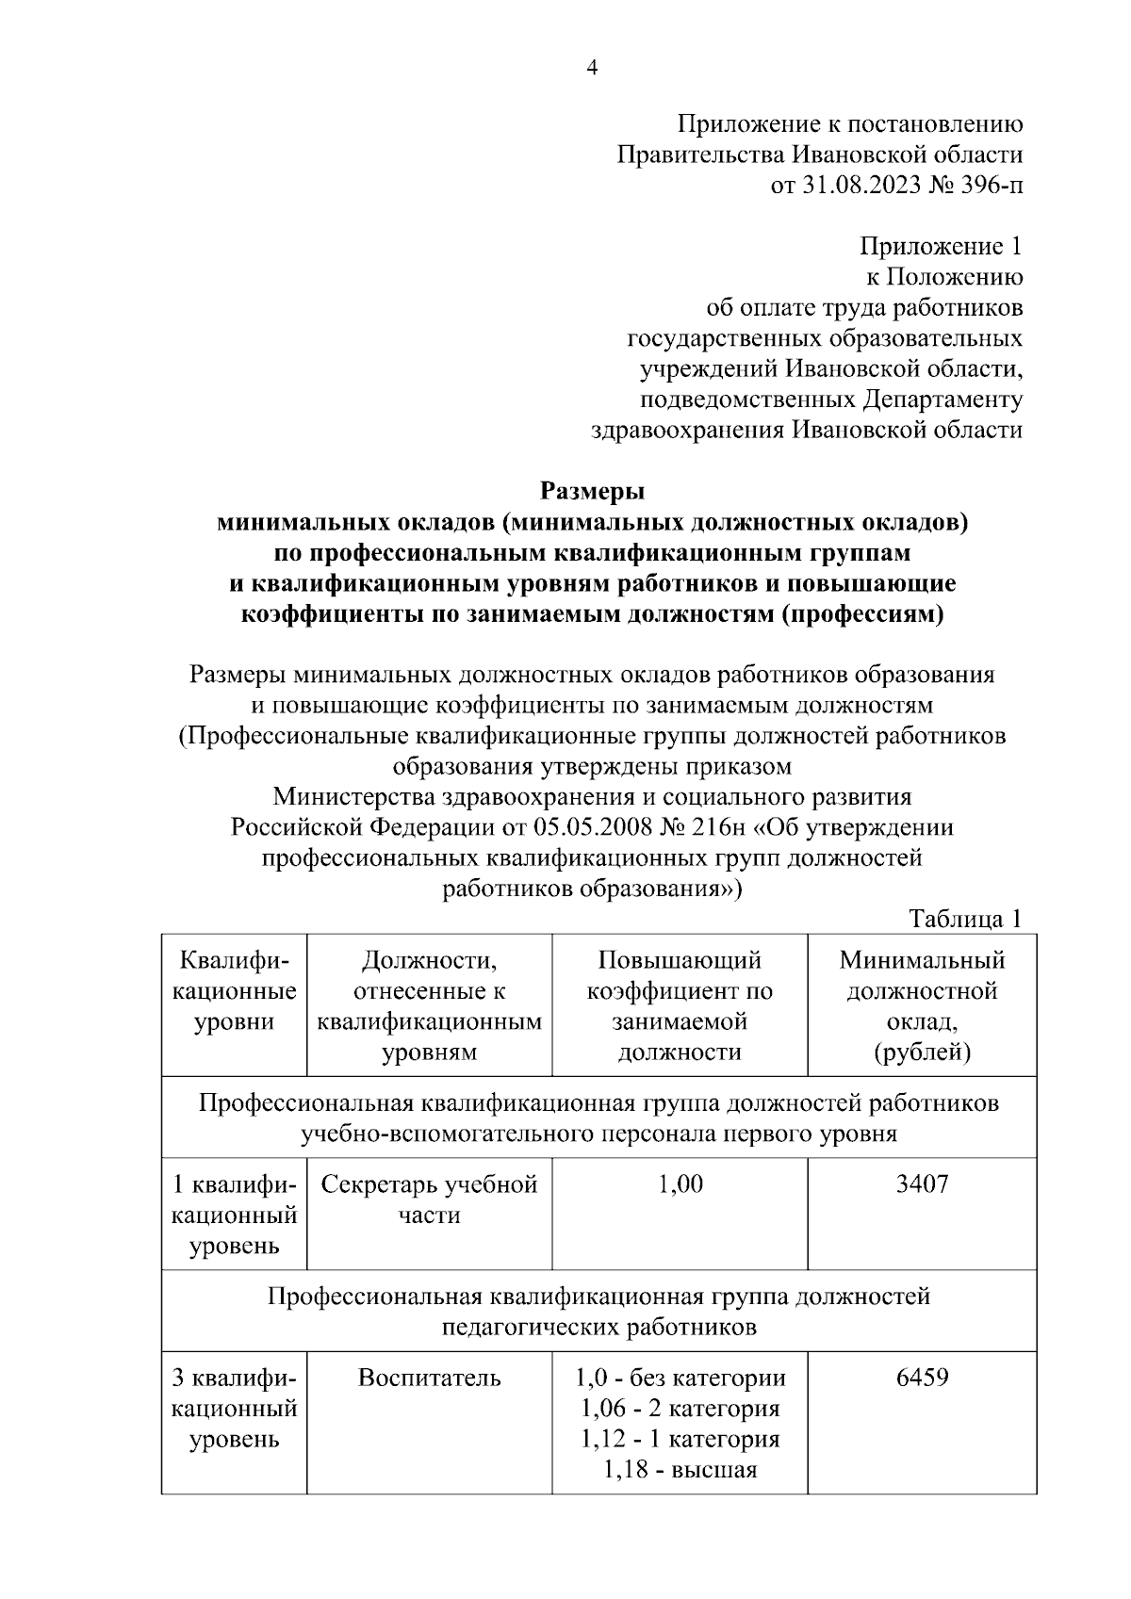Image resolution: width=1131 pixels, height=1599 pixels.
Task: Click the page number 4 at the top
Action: pyautogui.click(x=592, y=68)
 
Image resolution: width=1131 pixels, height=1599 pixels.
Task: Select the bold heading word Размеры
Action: pyautogui.click(x=592, y=491)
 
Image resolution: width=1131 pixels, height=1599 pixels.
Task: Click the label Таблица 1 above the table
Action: pyautogui.click(x=965, y=919)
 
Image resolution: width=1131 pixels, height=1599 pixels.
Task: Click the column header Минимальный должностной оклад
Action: pyautogui.click(x=922, y=1005)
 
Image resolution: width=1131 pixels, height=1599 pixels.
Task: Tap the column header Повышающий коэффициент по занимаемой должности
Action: pyautogui.click(x=680, y=1005)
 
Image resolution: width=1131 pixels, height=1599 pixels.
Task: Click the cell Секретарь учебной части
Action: pyautogui.click(x=429, y=1199)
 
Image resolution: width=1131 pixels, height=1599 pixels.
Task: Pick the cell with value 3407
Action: pyautogui.click(x=922, y=1184)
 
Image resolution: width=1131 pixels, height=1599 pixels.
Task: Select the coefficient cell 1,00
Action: pyautogui.click(x=680, y=1184)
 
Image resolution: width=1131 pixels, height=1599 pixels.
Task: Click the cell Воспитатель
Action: pyautogui.click(x=429, y=1379)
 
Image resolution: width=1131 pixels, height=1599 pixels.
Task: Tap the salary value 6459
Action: pyautogui.click(x=922, y=1379)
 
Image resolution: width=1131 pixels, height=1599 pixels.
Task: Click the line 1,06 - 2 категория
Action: pyautogui.click(x=680, y=1409)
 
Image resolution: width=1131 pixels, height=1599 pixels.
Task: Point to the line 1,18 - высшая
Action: pyautogui.click(x=680, y=1470)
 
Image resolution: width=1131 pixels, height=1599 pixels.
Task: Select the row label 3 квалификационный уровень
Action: pyautogui.click(x=234, y=1409)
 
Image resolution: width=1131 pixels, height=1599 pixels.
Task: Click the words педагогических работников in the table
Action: pyautogui.click(x=599, y=1328)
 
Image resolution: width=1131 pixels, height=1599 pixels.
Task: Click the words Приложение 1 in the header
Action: pyautogui.click(x=940, y=247)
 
